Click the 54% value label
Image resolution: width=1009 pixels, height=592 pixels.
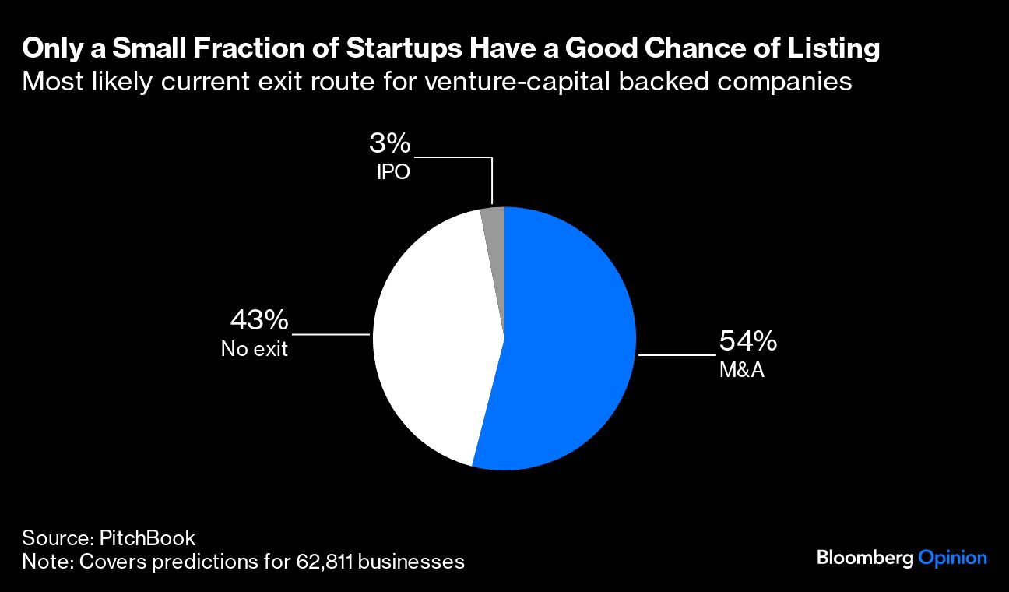[x=747, y=342]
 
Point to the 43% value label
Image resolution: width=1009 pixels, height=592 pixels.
[x=259, y=320]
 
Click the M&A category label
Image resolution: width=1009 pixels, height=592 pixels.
[x=741, y=370]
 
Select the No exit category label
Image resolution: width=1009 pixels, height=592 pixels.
[x=254, y=349]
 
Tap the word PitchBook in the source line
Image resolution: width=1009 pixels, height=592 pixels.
[x=147, y=537]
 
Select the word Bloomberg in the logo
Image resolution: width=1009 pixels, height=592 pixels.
[x=865, y=558]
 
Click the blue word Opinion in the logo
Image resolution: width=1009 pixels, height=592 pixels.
[x=952, y=558]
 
